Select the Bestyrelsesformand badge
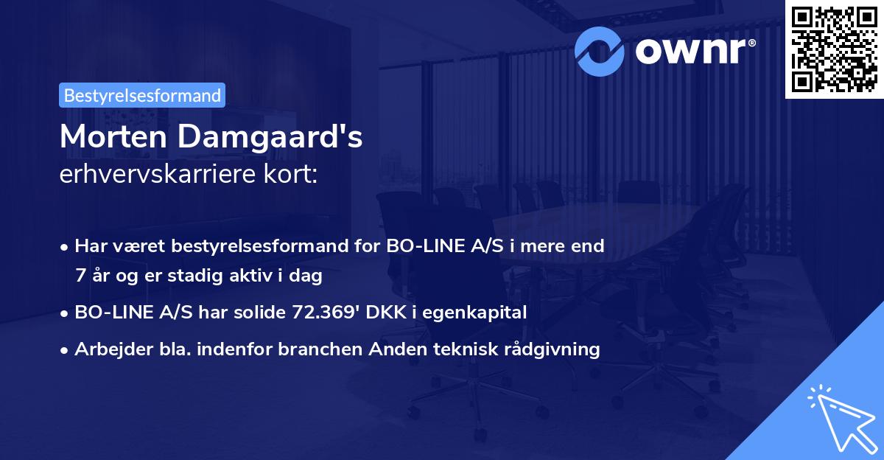142,95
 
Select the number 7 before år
80,276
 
